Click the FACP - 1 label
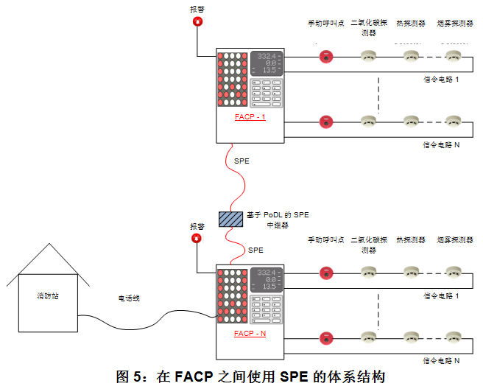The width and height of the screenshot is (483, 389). click(250, 117)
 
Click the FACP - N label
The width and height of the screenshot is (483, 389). click(250, 333)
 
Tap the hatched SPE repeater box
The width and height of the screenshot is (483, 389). click(230, 219)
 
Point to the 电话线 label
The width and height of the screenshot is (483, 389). click(130, 298)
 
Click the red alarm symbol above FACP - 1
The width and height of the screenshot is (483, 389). click(197, 22)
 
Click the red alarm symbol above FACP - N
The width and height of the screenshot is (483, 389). click(197, 238)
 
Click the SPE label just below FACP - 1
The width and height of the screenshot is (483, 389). click(241, 160)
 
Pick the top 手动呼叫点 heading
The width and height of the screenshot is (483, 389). click(325, 23)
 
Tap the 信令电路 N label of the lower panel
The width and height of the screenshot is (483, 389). click(441, 360)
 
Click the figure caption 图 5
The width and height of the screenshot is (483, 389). click(250, 376)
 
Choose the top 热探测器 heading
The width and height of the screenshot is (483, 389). click(410, 23)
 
